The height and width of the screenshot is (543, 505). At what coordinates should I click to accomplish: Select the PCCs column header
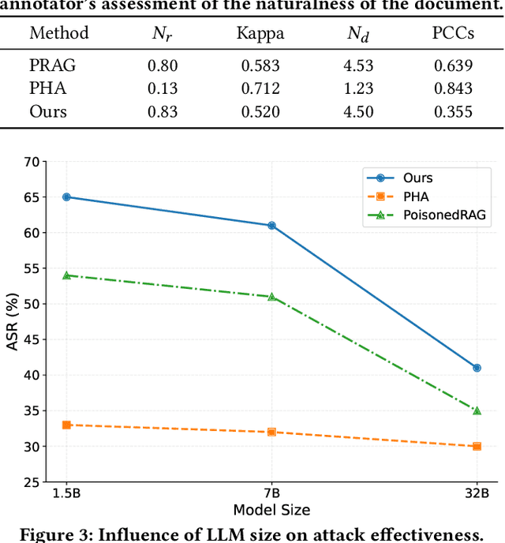452,34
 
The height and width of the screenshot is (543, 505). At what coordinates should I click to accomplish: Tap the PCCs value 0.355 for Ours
452,111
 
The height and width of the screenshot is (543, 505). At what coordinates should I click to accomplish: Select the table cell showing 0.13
163,88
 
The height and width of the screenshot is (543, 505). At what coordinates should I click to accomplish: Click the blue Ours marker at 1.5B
67,197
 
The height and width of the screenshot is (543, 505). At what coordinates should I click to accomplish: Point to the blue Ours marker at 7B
271,225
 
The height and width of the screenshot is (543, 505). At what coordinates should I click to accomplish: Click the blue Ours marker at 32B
477,368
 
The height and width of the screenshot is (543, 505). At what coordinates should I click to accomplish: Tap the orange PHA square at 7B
271,432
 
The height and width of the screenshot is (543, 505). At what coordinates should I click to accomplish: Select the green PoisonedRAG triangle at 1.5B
67,275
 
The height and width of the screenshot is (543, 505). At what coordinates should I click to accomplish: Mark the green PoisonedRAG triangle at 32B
477,410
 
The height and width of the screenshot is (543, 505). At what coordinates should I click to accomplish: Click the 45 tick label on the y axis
31,339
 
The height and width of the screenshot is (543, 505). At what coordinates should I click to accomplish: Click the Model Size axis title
271,510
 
